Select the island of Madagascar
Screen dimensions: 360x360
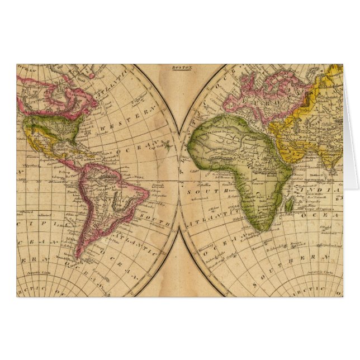(289, 206)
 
